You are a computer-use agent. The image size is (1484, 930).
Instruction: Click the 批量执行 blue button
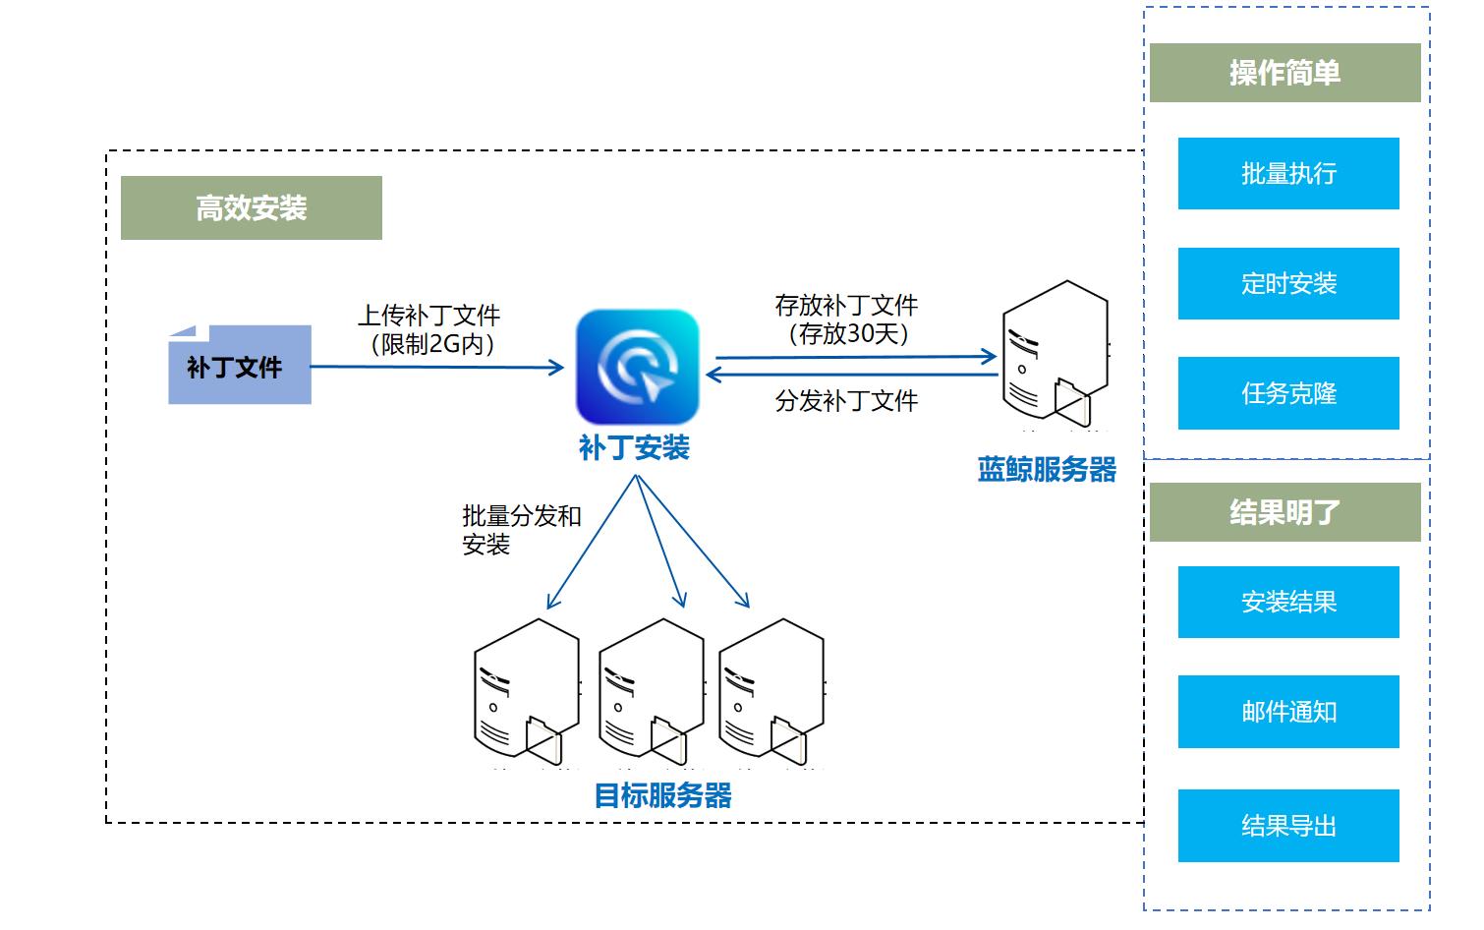(x=1287, y=174)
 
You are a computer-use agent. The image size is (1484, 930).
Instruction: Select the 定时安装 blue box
(x=1287, y=284)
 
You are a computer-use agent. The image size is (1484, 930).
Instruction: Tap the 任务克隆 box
(x=1287, y=393)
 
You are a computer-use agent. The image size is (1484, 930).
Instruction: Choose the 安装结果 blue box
(x=1287, y=602)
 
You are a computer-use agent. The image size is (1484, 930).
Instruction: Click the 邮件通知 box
(x=1287, y=712)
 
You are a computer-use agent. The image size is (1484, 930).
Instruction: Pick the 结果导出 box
(x=1287, y=826)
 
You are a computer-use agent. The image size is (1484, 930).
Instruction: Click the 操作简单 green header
(x=1284, y=73)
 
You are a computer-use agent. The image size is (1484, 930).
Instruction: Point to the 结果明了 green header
(x=1284, y=512)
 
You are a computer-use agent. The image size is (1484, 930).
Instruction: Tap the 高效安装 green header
(x=251, y=208)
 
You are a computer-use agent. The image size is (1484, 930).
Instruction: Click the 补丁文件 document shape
(x=239, y=366)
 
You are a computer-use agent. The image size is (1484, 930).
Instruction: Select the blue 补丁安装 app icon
(x=637, y=367)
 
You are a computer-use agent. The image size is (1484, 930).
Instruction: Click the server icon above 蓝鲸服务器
(x=1055, y=354)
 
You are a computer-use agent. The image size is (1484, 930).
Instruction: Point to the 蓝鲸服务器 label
(x=1047, y=470)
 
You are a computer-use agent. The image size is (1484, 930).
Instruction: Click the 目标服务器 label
(x=663, y=795)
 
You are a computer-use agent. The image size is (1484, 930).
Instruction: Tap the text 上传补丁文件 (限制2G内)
(x=429, y=329)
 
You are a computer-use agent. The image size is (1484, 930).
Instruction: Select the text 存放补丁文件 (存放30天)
(x=846, y=320)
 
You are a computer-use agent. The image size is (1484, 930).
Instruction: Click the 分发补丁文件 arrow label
(x=846, y=401)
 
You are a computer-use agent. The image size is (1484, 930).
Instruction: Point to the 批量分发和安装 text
(x=521, y=530)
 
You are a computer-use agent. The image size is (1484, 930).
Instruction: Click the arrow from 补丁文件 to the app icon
(x=437, y=368)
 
